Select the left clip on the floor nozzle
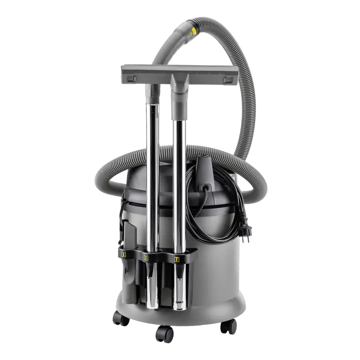click(x=130, y=78)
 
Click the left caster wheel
click(x=121, y=319)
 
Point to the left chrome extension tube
click(x=153, y=180)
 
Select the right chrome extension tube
click(x=180, y=180)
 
